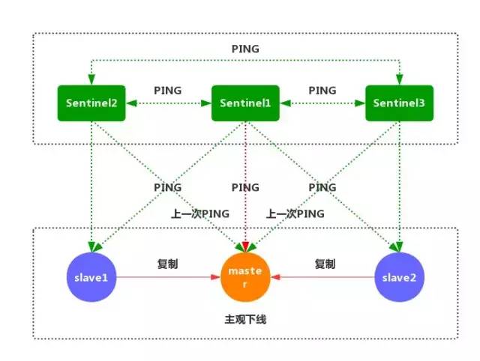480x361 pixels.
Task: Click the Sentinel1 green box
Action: point(245,103)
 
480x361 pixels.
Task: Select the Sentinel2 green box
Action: point(91,103)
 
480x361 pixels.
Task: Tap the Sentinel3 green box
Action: point(399,103)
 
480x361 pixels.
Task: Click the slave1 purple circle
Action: point(91,277)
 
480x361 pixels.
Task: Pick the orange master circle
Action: point(246,277)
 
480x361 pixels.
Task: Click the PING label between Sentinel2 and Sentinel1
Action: point(167,90)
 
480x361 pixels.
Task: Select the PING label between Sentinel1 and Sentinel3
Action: point(322,90)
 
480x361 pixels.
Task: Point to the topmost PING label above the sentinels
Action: point(245,49)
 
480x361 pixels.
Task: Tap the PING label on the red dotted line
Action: point(245,186)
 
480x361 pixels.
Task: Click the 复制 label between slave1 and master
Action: point(167,264)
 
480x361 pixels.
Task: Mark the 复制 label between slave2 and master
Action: point(325,264)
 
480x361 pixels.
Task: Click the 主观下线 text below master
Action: point(245,319)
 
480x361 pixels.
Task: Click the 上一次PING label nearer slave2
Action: point(295,213)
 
